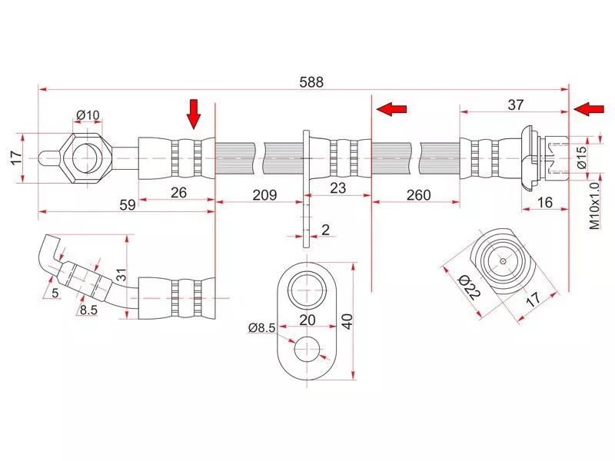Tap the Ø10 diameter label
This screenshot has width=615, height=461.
point(88,117)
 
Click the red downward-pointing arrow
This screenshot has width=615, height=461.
point(194,114)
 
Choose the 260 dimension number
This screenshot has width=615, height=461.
point(419,195)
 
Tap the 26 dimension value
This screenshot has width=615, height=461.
point(178,192)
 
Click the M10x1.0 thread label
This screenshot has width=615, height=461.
point(593,206)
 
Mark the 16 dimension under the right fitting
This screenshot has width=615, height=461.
point(546,204)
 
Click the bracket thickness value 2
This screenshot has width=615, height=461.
point(326,229)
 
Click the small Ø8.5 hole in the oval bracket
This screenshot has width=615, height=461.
point(308,350)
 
